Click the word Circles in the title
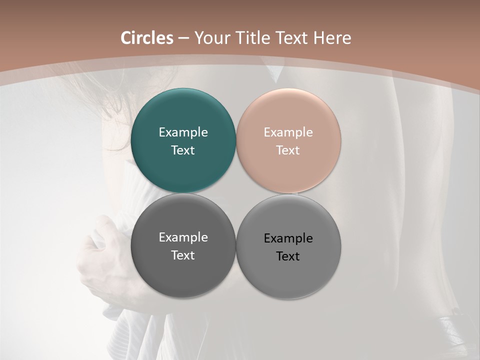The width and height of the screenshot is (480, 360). (x=146, y=38)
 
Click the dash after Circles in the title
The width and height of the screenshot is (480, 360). (x=183, y=38)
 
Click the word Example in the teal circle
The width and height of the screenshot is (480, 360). (x=183, y=132)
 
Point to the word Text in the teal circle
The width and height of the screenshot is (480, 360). (x=183, y=150)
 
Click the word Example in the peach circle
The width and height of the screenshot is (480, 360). (x=288, y=132)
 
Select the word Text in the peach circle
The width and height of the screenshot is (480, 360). (x=288, y=150)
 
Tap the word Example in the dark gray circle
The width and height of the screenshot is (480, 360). (x=183, y=237)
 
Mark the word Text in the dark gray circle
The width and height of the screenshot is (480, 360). (x=183, y=255)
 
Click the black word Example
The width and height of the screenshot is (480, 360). (x=288, y=238)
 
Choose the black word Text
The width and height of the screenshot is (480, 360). (x=288, y=256)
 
